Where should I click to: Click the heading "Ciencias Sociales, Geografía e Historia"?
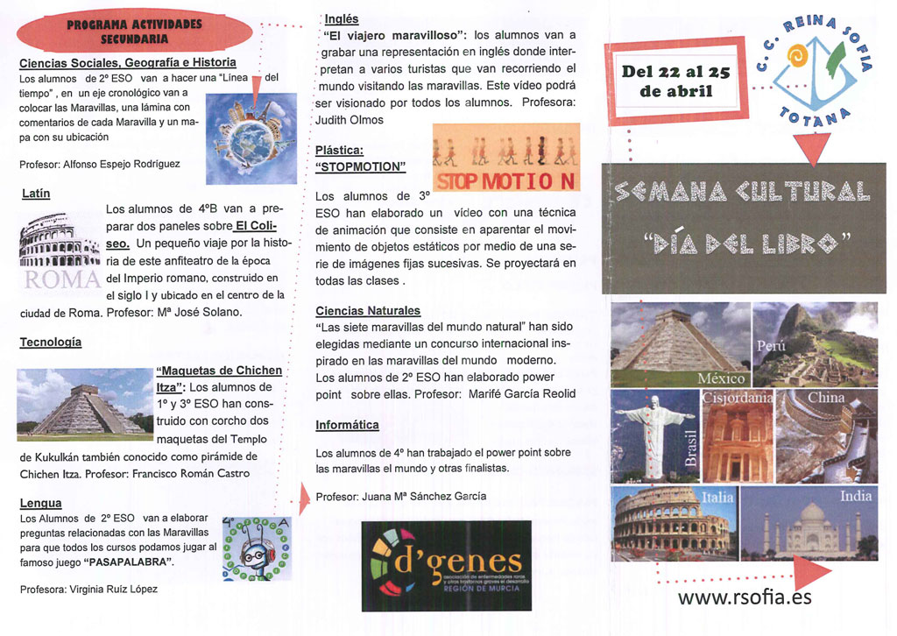(x=128, y=63)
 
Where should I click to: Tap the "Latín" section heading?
(x=35, y=193)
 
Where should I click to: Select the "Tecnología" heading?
(x=51, y=342)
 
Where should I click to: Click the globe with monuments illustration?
(x=252, y=140)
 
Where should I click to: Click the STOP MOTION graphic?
(x=506, y=158)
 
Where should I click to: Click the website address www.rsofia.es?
(x=745, y=597)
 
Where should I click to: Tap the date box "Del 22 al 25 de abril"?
(x=675, y=81)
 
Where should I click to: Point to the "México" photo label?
(x=721, y=378)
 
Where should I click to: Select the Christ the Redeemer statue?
(x=653, y=434)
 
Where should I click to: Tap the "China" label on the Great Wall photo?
(x=825, y=398)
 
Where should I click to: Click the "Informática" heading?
(x=347, y=425)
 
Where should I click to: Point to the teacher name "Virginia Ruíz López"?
(x=108, y=589)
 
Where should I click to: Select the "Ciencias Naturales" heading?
(x=368, y=310)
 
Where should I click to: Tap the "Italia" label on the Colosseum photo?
(x=717, y=498)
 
